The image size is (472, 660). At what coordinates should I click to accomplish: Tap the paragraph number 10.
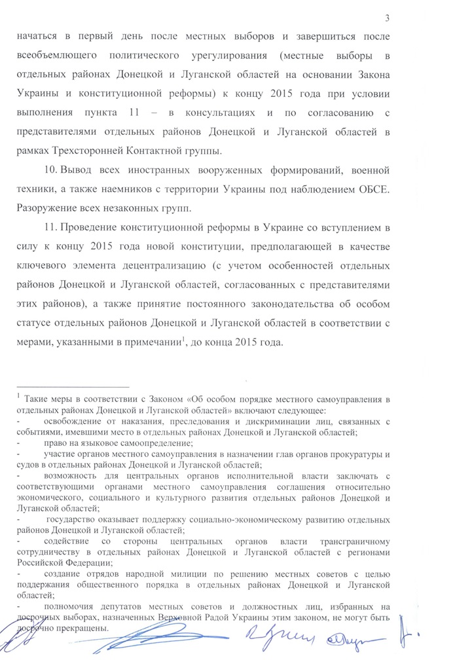(x=50, y=172)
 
